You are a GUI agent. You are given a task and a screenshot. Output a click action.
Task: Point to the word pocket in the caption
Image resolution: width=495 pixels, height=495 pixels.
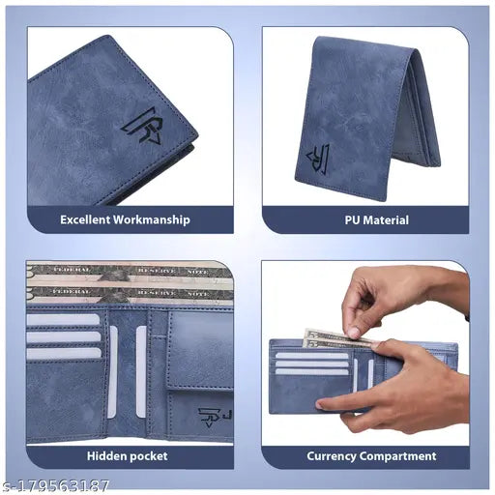(150, 455)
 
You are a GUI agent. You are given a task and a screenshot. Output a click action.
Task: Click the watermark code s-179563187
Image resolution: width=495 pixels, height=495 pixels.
(56, 485)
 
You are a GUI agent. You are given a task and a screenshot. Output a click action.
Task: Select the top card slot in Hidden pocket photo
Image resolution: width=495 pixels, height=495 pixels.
(64, 320)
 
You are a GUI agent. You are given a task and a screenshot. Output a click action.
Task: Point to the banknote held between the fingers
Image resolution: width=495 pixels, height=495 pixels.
(329, 337)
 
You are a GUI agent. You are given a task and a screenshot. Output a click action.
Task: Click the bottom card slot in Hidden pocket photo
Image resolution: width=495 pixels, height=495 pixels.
(64, 353)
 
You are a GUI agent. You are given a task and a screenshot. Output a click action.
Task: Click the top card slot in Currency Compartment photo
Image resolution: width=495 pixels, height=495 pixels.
(311, 355)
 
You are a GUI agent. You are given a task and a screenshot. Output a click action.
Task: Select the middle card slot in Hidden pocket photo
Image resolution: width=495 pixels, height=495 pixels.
(64, 337)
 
